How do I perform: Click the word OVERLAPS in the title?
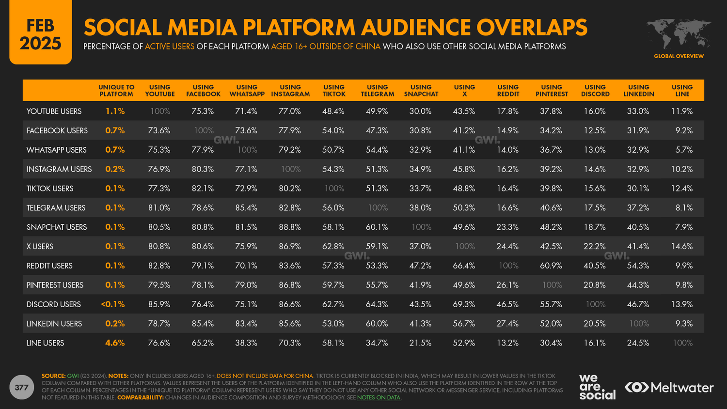(x=532, y=27)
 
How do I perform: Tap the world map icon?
(x=679, y=34)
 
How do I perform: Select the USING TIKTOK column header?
(x=334, y=91)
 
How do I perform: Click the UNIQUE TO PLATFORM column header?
(x=116, y=91)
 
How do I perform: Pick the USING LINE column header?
(x=682, y=91)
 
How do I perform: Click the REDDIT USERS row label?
(x=49, y=266)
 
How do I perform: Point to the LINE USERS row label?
(x=45, y=343)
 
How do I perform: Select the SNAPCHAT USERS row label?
(x=57, y=227)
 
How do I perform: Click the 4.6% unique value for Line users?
(x=115, y=343)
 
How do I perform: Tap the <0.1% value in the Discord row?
(x=113, y=304)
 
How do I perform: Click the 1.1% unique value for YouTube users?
(x=115, y=111)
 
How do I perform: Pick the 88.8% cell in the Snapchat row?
(x=290, y=227)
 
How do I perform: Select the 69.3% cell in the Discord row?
(x=464, y=304)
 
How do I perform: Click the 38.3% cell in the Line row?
(x=246, y=343)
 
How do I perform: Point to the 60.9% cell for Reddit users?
(x=551, y=266)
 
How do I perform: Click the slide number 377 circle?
(x=21, y=387)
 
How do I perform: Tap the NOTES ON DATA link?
(x=379, y=397)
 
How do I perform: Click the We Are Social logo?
(x=597, y=387)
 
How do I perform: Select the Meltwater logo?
(x=669, y=387)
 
